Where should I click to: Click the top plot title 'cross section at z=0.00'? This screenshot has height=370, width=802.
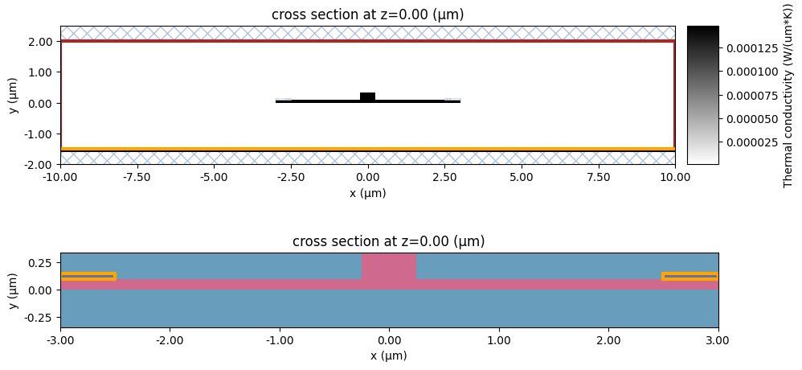(367, 14)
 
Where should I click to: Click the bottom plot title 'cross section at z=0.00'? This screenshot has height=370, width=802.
(389, 241)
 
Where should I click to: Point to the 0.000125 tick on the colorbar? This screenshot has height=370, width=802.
(747, 49)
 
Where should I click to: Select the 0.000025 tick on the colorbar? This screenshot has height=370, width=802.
(747, 142)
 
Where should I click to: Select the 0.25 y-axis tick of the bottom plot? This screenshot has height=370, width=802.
(42, 262)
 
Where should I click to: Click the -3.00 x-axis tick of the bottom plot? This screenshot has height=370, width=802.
(61, 339)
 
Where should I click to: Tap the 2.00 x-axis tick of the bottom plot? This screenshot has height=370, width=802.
(608, 339)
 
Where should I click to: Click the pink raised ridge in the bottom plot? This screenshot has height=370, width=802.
(389, 267)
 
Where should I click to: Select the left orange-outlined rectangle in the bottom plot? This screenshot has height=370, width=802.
(88, 276)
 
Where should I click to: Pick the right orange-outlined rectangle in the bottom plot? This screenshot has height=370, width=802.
(689, 276)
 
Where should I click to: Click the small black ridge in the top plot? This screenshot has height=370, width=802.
(367, 97)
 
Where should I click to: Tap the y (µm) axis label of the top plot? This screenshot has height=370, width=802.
(14, 95)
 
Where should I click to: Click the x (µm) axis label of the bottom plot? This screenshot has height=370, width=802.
(389, 355)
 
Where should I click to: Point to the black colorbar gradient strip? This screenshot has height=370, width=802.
(702, 95)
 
